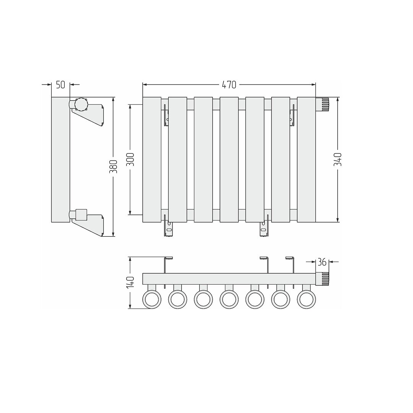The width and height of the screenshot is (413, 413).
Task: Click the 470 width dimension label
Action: (x=229, y=85)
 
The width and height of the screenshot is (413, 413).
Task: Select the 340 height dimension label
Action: (x=338, y=159)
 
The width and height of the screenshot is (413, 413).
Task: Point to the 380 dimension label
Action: (x=113, y=166)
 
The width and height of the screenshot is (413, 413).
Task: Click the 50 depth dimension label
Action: (x=60, y=85)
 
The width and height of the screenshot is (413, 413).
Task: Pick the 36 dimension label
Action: (x=322, y=262)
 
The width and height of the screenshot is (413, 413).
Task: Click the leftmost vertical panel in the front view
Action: (x=152, y=159)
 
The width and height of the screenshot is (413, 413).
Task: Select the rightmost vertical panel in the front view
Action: (x=306, y=159)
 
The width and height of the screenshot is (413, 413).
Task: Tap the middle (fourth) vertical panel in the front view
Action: (x=229, y=159)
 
